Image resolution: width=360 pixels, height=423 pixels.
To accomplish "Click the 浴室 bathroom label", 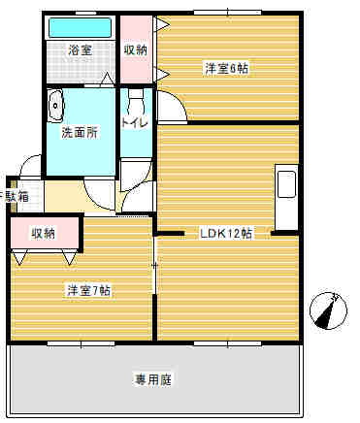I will click(x=80, y=49).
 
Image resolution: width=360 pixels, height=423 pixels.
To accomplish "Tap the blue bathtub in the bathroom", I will click(x=80, y=26).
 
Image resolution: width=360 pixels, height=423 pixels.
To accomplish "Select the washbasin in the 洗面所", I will click(x=56, y=103).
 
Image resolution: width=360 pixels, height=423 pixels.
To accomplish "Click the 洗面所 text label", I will click(x=80, y=132).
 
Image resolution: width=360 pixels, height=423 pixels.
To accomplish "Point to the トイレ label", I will click(x=135, y=123).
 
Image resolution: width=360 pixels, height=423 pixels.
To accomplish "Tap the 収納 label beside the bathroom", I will click(x=135, y=49).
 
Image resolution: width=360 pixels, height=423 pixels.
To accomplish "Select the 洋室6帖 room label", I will click(x=225, y=68).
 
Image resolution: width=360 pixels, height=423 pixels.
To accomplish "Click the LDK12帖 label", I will click(x=226, y=234).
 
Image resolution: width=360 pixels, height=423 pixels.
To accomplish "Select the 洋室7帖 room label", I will click(x=88, y=290).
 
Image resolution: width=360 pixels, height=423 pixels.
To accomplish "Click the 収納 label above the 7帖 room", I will click(x=43, y=233).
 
